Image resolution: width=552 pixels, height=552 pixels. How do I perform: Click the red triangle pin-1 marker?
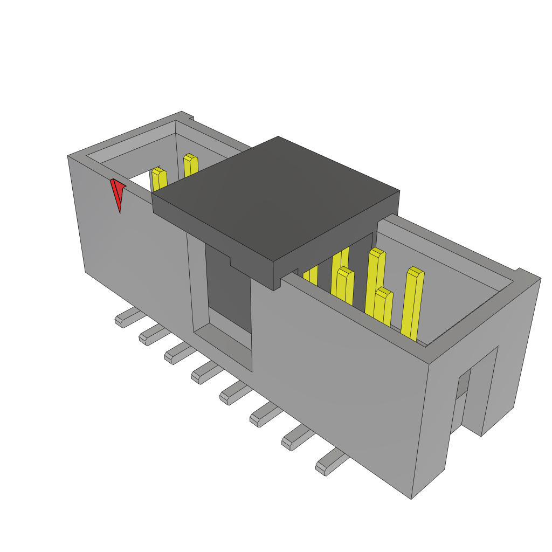point(118,193)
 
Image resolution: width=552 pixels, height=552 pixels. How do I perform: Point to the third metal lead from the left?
point(177,354)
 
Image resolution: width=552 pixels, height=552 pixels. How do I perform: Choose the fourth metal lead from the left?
point(204,372)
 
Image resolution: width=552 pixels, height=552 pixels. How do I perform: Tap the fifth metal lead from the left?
point(233,392)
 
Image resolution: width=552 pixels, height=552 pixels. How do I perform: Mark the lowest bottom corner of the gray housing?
point(412,498)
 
